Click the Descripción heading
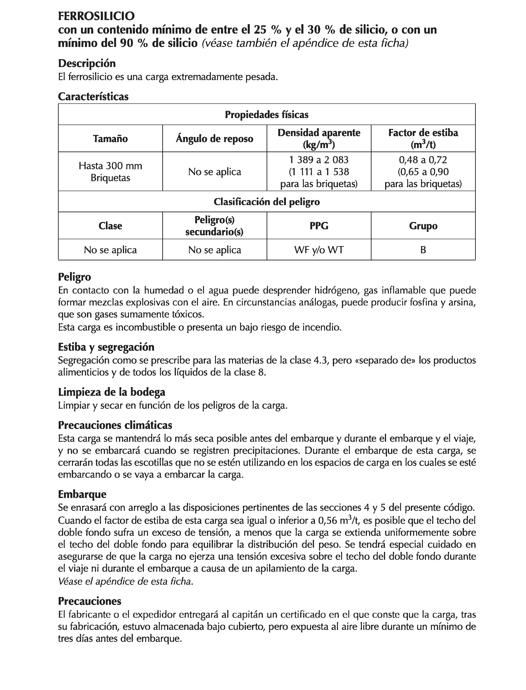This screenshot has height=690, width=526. tap(87, 63)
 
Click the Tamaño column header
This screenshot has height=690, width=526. tap(110, 139)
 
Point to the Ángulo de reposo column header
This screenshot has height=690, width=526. tap(214, 139)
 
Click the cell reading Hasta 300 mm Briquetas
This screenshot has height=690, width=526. tap(110, 172)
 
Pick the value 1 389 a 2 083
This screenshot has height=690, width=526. tap(319, 160)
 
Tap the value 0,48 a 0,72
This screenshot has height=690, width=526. tap(423, 160)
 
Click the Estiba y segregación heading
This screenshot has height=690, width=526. tap(106, 347)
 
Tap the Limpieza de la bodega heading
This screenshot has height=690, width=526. tap(112, 392)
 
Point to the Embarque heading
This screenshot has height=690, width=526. tap(82, 494)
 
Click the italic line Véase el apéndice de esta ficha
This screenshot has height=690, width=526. tap(125, 582)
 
